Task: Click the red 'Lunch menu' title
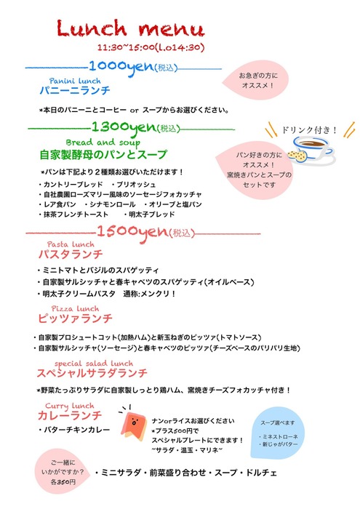pos(130,28)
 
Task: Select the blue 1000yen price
pos(121,67)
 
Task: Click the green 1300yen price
pos(124,127)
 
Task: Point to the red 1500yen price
pos(132,232)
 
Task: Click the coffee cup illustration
pos(313,148)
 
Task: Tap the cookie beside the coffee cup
pos(297,156)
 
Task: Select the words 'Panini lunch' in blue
pos(75,81)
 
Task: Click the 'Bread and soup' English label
pos(103,143)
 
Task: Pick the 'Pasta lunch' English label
pos(71,244)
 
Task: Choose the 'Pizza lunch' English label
pos(75,308)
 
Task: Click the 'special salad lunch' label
pos(94,364)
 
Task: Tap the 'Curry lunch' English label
pos(70,406)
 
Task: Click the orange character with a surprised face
pos(133,424)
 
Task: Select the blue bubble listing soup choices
pos(278,433)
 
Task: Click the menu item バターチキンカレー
pos(74,430)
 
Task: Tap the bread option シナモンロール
pos(110,204)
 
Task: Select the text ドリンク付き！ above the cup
pos(309,130)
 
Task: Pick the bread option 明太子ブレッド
pos(150,215)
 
